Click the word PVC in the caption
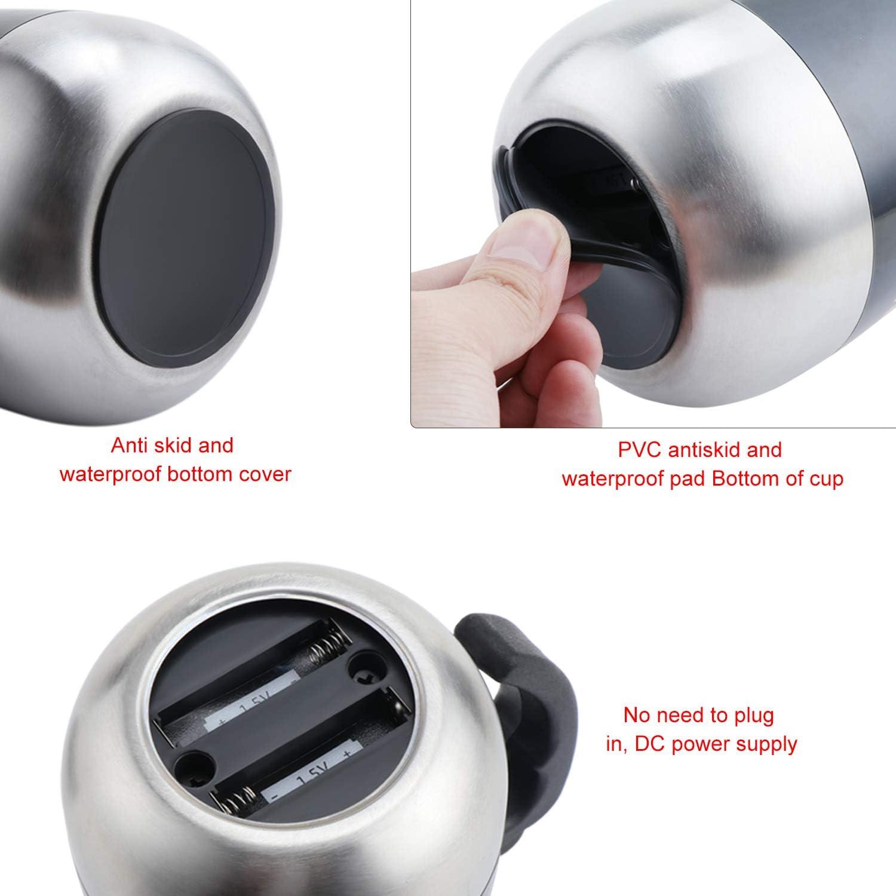click(x=640, y=449)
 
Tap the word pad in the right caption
click(x=688, y=479)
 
